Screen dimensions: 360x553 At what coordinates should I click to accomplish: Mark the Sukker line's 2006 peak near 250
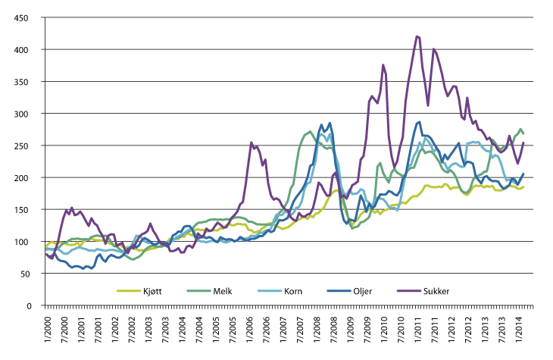(x=252, y=142)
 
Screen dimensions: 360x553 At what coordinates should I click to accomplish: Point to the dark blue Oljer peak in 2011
(x=419, y=121)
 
